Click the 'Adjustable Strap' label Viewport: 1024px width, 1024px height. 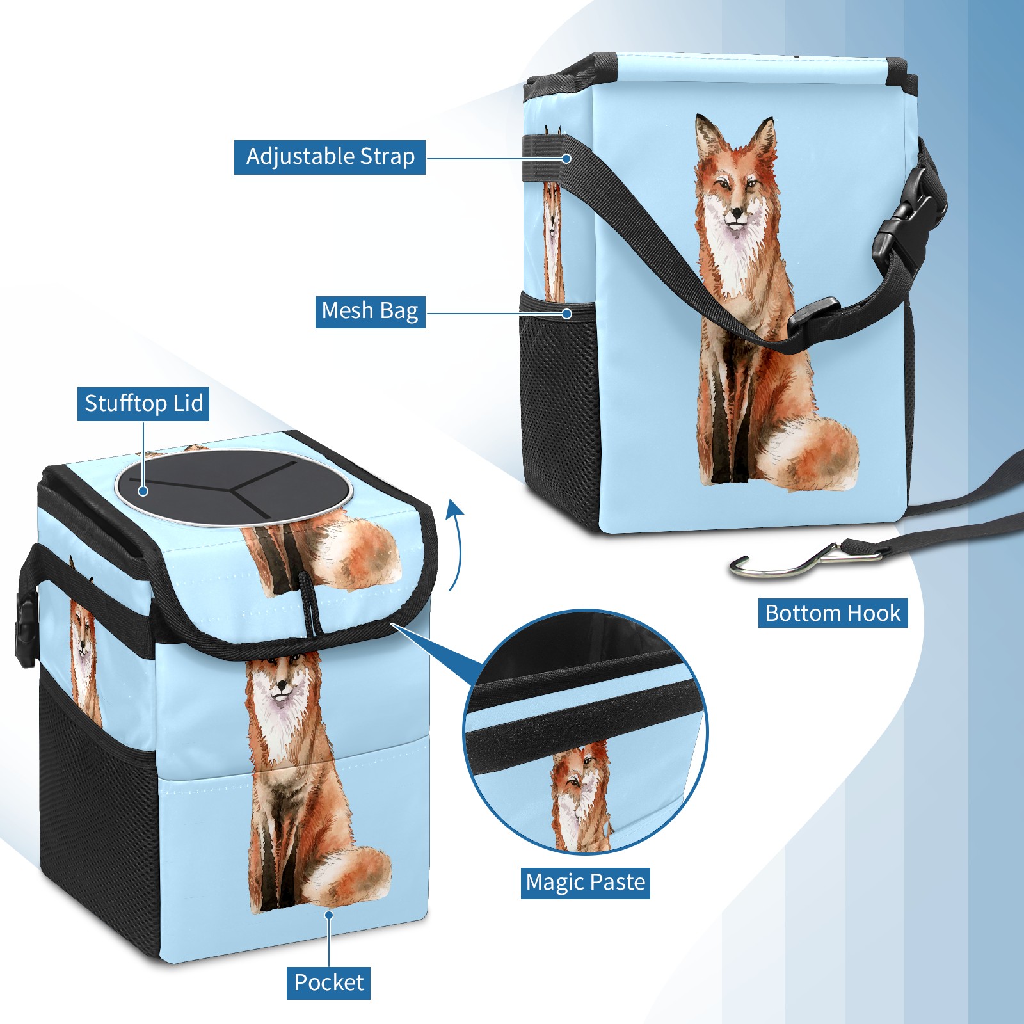(x=330, y=157)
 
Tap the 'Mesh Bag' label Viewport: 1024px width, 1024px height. (x=370, y=311)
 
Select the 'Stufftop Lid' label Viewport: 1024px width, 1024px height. (x=143, y=404)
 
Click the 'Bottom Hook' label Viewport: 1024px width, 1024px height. (x=833, y=613)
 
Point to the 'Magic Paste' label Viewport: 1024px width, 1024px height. (x=586, y=883)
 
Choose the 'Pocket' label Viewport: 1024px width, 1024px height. (x=328, y=982)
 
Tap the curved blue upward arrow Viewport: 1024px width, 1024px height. (x=455, y=544)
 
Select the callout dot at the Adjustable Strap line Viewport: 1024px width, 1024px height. (x=566, y=157)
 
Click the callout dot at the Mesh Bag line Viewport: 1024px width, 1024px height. (x=566, y=314)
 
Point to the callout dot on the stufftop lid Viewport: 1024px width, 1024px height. (x=143, y=491)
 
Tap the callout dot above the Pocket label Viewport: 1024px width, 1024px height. (x=329, y=915)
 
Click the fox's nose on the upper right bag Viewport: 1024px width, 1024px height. (x=737, y=212)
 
